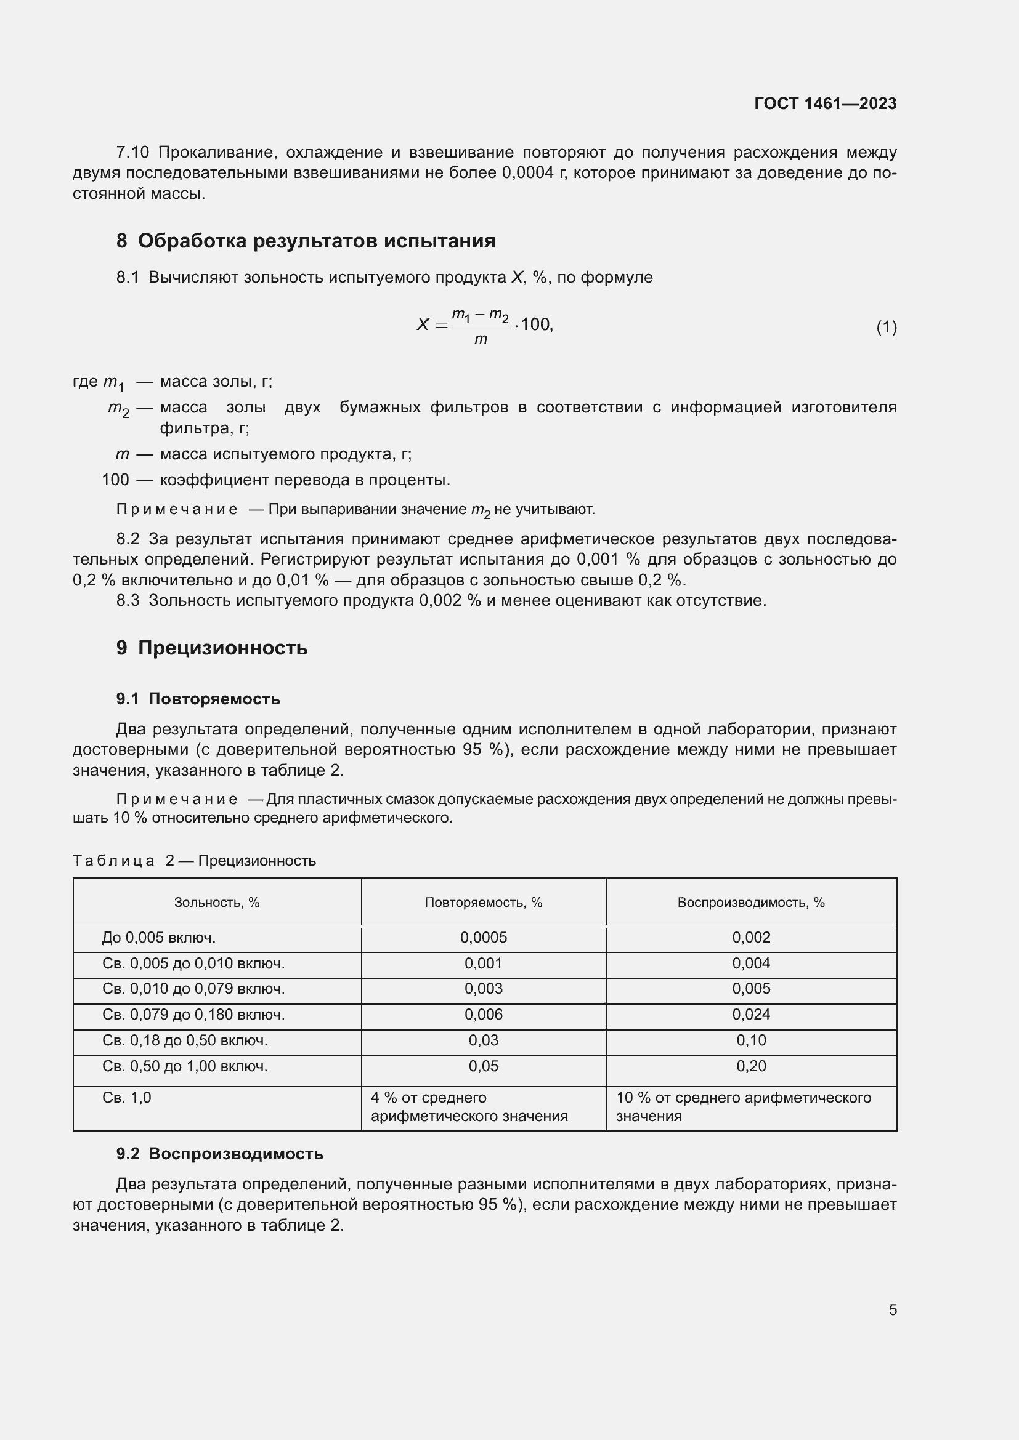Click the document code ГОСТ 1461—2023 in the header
pyautogui.click(x=825, y=103)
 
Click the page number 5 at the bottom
pyautogui.click(x=892, y=1309)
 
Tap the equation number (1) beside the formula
pyautogui.click(x=886, y=327)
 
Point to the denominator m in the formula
pyautogui.click(x=481, y=339)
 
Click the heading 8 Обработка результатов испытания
pyautogui.click(x=306, y=241)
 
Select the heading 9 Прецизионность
pyautogui.click(x=211, y=647)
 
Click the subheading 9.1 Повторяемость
pyautogui.click(x=198, y=699)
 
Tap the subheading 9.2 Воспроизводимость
pyautogui.click(x=219, y=1154)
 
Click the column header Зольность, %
pyautogui.click(x=216, y=903)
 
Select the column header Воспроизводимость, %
pyautogui.click(x=750, y=903)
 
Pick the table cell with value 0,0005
pyautogui.click(x=483, y=938)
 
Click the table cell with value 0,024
pyautogui.click(x=750, y=1015)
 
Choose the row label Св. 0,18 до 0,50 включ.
pyautogui.click(x=184, y=1040)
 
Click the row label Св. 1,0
pyautogui.click(x=127, y=1098)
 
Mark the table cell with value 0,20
pyautogui.click(x=750, y=1066)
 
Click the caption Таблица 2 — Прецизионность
pyautogui.click(x=194, y=861)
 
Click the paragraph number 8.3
pyautogui.click(x=128, y=601)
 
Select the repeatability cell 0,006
pyautogui.click(x=483, y=1015)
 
